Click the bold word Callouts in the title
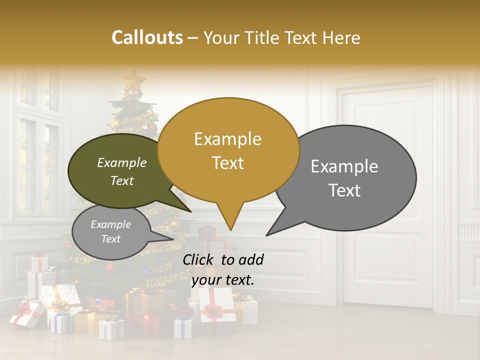147,37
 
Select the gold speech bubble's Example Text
227,151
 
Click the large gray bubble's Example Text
344,178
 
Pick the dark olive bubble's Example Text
122,171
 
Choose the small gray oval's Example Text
111,231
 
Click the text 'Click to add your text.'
223,269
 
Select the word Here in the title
341,37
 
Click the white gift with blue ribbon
183,328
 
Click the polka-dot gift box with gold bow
61,299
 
